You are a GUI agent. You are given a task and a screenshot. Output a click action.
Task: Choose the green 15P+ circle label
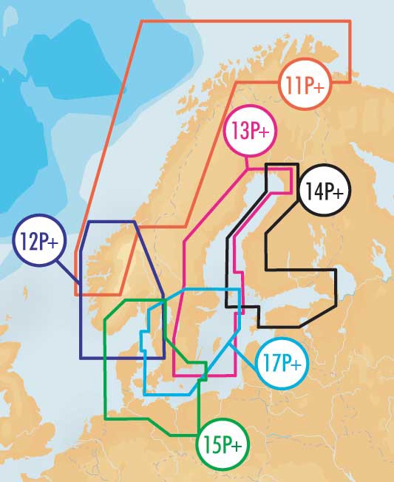click(x=222, y=445)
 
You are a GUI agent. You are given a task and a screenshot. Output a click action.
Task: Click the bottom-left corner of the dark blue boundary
click(x=80, y=358)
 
